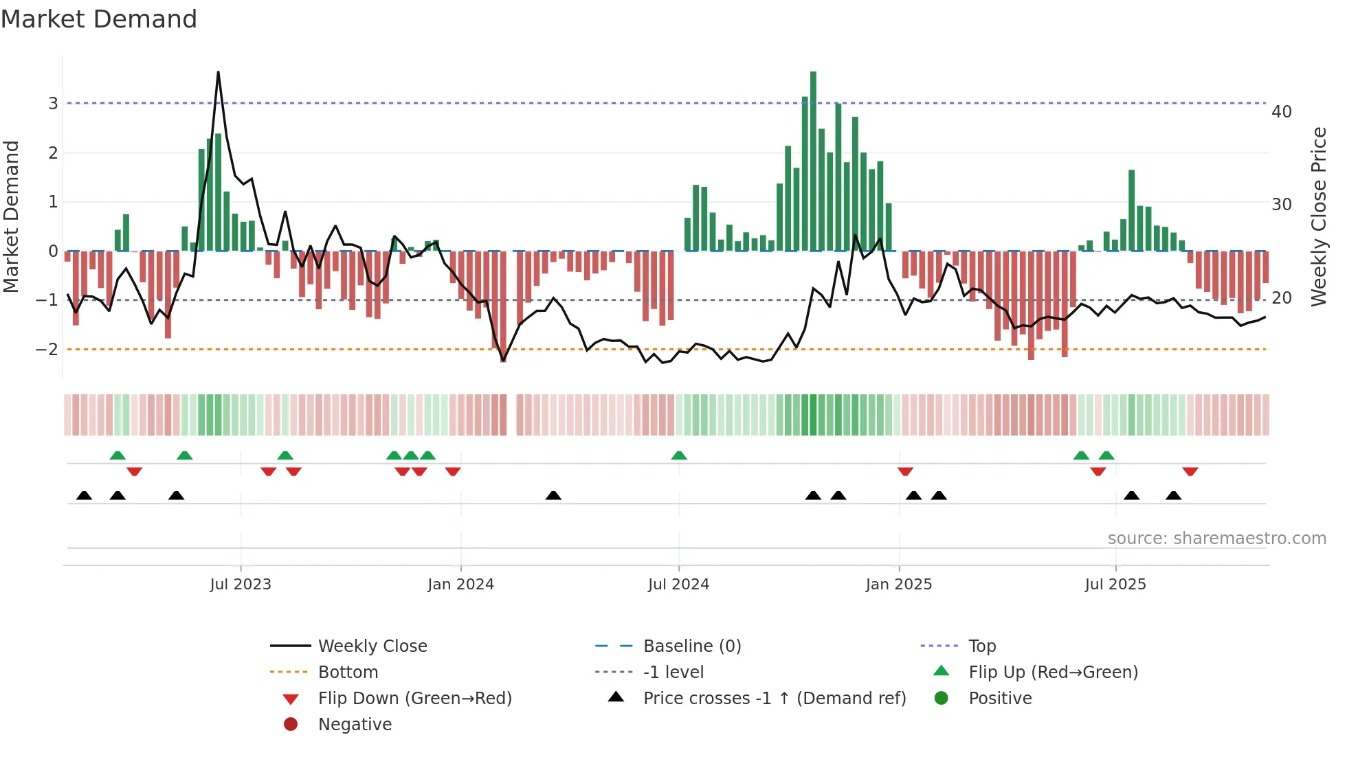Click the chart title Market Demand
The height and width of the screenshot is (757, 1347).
99,19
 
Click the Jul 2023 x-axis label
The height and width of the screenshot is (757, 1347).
241,585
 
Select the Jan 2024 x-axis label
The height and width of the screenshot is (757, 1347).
460,585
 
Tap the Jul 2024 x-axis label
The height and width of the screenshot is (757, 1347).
678,585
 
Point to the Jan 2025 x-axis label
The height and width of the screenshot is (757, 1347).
898,585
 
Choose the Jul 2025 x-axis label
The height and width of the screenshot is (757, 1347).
1115,585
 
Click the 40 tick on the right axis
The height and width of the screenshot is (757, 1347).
1281,111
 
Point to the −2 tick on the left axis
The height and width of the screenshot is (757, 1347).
47,349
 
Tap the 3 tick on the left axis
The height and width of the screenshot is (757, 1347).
53,103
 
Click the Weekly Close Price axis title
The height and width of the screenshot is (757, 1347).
1318,216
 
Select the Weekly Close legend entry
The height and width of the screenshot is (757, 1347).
372,646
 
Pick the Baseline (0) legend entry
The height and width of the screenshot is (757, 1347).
691,646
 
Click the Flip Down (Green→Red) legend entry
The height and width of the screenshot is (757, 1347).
414,698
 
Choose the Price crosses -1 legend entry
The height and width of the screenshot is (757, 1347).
774,698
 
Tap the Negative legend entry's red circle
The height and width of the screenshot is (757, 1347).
291,724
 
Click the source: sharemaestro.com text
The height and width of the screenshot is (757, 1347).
1216,538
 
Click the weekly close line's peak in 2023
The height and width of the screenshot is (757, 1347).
218,72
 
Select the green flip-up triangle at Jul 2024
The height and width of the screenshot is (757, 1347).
679,455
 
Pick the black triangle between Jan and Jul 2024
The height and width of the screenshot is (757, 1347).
553,495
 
